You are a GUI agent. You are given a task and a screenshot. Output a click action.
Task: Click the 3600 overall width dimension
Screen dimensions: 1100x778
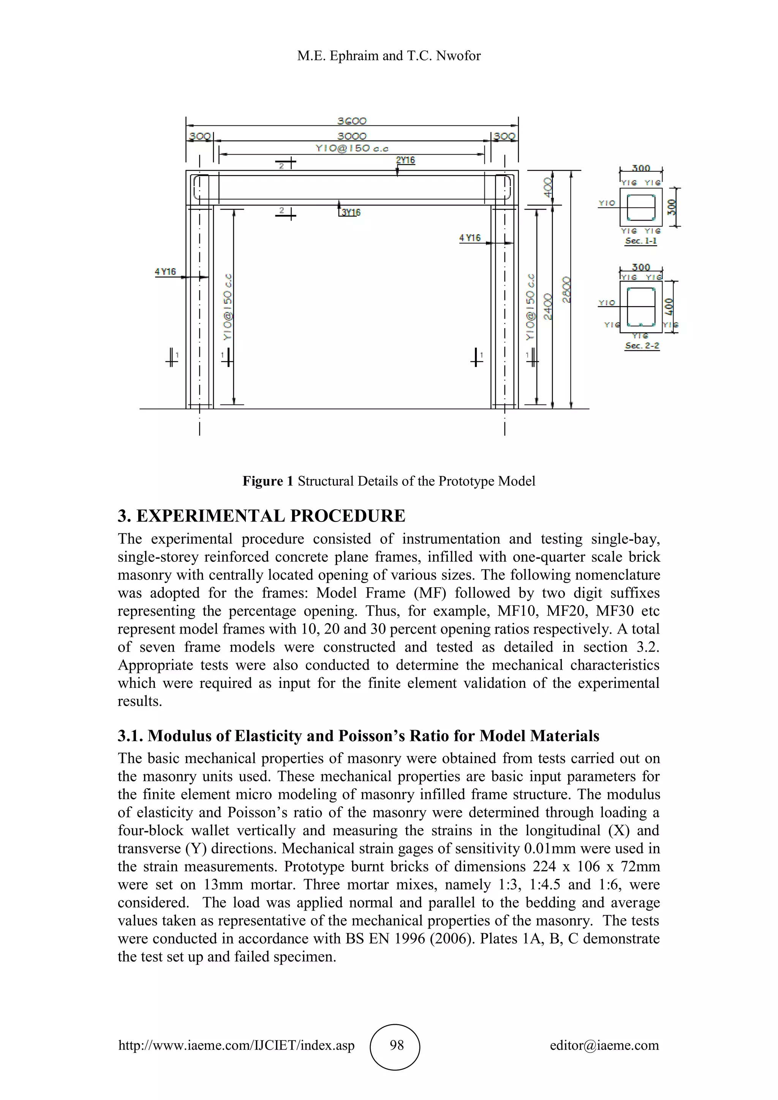[352, 121]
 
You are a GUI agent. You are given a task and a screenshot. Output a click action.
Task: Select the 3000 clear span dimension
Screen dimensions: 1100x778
[352, 136]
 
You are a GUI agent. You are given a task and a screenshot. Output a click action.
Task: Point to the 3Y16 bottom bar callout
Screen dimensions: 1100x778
[351, 212]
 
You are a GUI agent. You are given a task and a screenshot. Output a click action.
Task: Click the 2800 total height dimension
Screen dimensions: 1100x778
[567, 289]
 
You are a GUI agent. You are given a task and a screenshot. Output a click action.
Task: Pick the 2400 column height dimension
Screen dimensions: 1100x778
[549, 307]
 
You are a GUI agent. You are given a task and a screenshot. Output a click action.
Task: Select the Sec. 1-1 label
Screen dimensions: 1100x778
[640, 241]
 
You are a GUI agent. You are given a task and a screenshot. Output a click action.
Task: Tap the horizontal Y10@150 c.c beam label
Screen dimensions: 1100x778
[352, 149]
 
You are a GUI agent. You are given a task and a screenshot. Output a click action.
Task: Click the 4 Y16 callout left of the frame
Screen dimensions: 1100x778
[165, 272]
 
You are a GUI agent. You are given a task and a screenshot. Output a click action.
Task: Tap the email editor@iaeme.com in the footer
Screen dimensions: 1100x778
[604, 1045]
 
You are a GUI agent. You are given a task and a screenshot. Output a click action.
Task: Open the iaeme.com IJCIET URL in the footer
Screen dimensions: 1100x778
[236, 1045]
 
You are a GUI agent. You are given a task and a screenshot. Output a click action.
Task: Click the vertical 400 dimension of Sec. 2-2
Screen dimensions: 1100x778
[670, 307]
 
